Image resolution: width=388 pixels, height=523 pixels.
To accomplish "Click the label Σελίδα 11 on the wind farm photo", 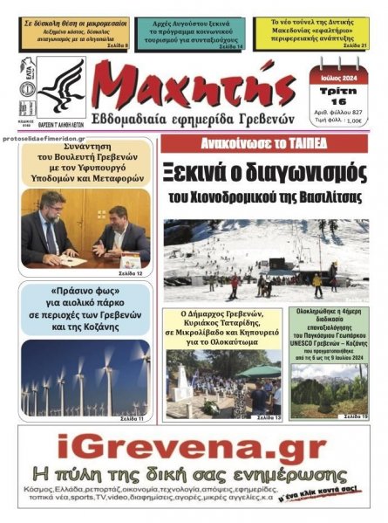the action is (x=135, y=418).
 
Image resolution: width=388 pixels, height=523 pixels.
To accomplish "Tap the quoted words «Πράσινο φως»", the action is (x=85, y=291).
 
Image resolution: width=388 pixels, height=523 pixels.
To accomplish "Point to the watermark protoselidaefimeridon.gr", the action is (x=48, y=139).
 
